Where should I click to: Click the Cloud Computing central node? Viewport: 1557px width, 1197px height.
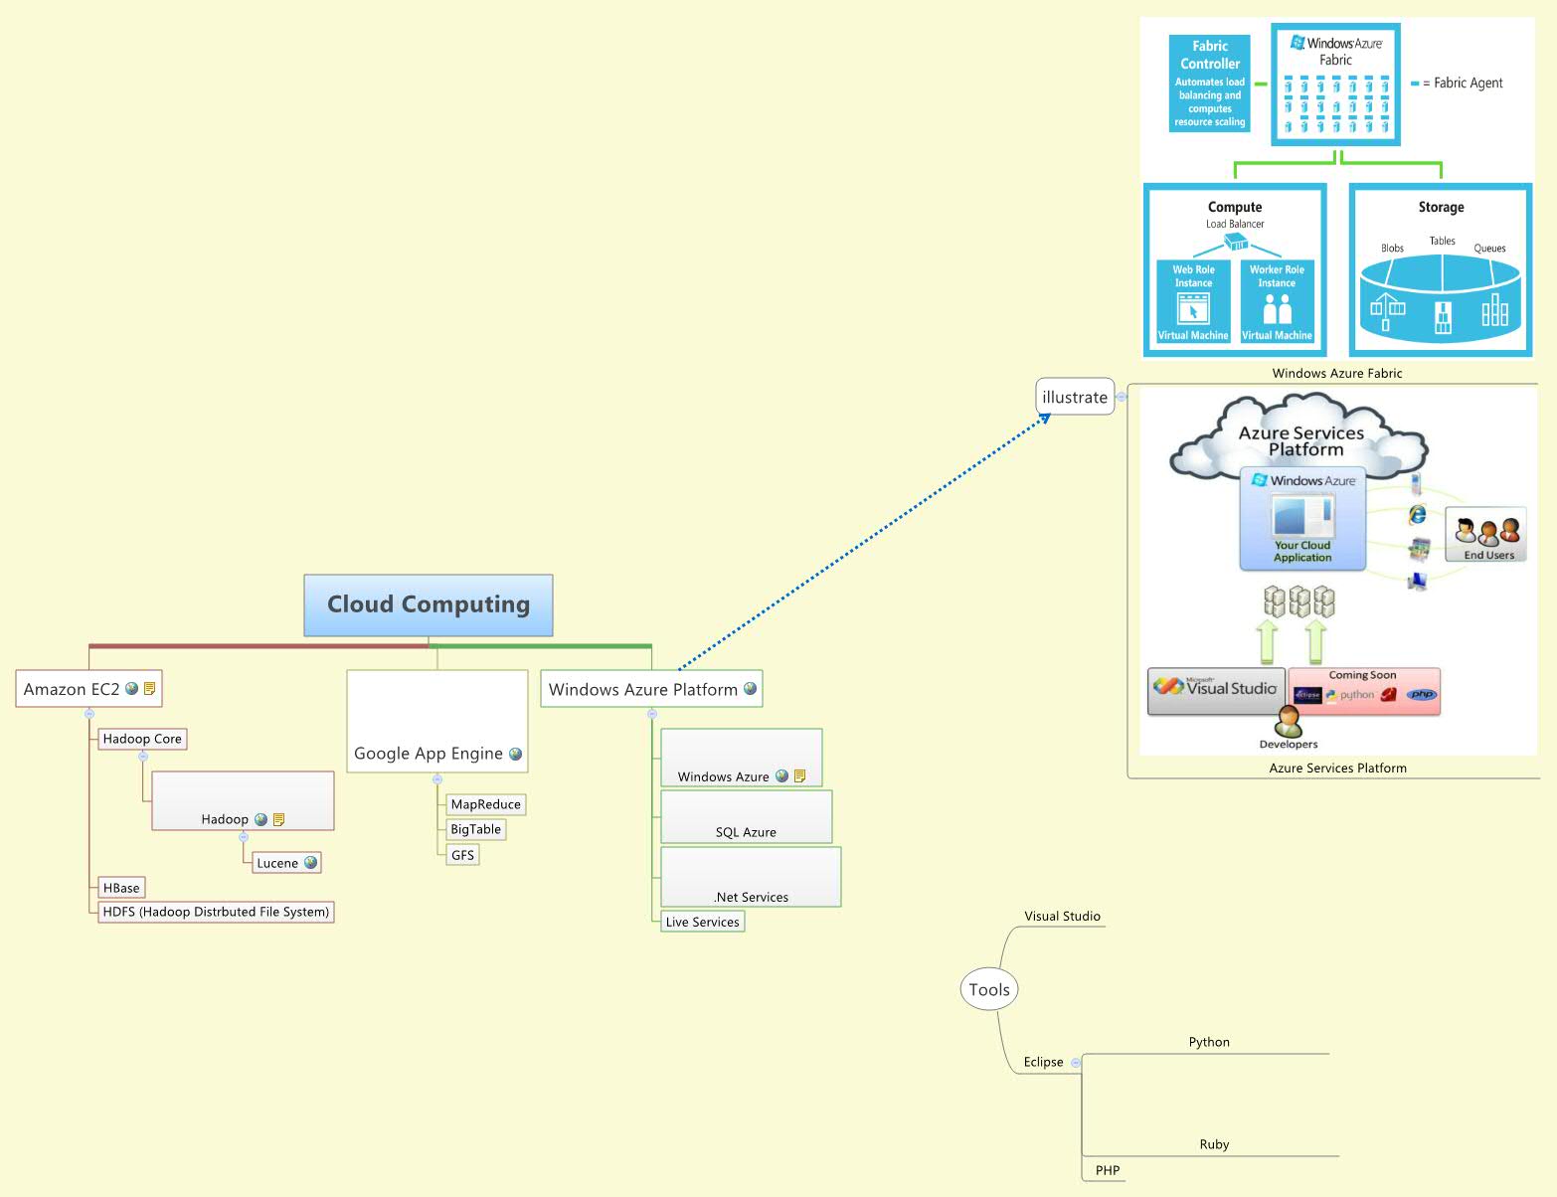[429, 604]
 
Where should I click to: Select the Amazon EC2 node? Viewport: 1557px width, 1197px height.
[72, 689]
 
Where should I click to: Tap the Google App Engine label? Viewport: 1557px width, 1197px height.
[429, 754]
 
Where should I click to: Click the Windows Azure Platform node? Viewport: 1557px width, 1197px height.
[642, 689]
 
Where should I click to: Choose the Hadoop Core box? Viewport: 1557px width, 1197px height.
[142, 739]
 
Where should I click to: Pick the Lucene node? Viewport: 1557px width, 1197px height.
[277, 863]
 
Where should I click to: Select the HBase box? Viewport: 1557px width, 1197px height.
[121, 888]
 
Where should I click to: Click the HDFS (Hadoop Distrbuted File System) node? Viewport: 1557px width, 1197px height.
[216, 912]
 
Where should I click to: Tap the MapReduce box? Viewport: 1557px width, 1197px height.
[485, 804]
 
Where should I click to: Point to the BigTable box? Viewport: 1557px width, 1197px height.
[475, 829]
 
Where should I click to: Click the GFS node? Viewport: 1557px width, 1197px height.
[462, 855]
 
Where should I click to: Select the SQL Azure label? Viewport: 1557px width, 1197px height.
[746, 832]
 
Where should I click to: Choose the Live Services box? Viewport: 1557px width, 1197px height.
[702, 922]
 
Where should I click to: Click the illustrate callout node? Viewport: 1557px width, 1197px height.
[1074, 397]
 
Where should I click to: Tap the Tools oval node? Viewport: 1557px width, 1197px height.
[989, 989]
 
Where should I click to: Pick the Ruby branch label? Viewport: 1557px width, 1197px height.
[1214, 1144]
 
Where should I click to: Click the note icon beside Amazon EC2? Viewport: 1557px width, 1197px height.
[150, 688]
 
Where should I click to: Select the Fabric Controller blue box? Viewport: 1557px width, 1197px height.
[1209, 84]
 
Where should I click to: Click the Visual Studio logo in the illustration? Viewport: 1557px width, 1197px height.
[1215, 688]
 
